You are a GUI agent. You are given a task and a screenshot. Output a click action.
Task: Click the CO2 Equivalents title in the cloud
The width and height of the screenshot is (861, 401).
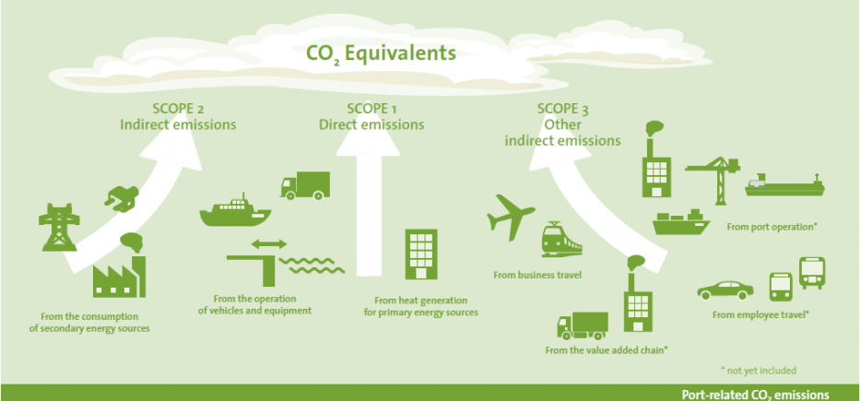point(381,53)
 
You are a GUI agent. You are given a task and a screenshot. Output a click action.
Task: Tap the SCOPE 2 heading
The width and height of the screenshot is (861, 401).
point(179,109)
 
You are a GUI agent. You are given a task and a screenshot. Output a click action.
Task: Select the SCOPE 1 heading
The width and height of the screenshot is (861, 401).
point(372,109)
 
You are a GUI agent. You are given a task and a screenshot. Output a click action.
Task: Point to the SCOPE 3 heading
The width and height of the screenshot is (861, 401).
point(563,109)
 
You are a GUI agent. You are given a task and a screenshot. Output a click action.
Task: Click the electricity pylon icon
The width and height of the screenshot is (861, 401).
point(59,227)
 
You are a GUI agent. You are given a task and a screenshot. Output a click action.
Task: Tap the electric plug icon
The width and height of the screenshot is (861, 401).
point(122,198)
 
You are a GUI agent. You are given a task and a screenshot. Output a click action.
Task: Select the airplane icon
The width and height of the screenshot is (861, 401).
point(510,217)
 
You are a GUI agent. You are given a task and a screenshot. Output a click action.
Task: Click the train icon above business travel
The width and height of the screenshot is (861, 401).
point(561,239)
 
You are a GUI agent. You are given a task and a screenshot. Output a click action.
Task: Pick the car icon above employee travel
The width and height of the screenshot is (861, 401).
point(725,290)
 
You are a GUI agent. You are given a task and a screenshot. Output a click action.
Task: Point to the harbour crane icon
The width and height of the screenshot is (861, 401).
point(713,180)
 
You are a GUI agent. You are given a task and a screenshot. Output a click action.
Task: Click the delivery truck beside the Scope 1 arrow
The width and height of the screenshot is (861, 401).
point(305,185)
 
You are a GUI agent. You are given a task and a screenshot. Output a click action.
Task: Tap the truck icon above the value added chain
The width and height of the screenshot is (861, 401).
point(583,325)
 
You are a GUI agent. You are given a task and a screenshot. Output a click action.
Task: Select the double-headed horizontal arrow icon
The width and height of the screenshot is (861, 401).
point(269,244)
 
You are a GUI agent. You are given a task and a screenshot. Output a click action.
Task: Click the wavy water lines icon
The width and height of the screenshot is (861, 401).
point(312,265)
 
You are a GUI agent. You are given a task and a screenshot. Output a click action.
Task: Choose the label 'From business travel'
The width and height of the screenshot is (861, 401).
point(537,275)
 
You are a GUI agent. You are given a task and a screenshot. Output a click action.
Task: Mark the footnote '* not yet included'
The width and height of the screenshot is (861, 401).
point(758,371)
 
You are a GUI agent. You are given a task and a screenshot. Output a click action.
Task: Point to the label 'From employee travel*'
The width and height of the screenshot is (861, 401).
point(761,315)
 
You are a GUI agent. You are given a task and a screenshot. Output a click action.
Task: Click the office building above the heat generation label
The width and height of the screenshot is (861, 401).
point(421,254)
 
